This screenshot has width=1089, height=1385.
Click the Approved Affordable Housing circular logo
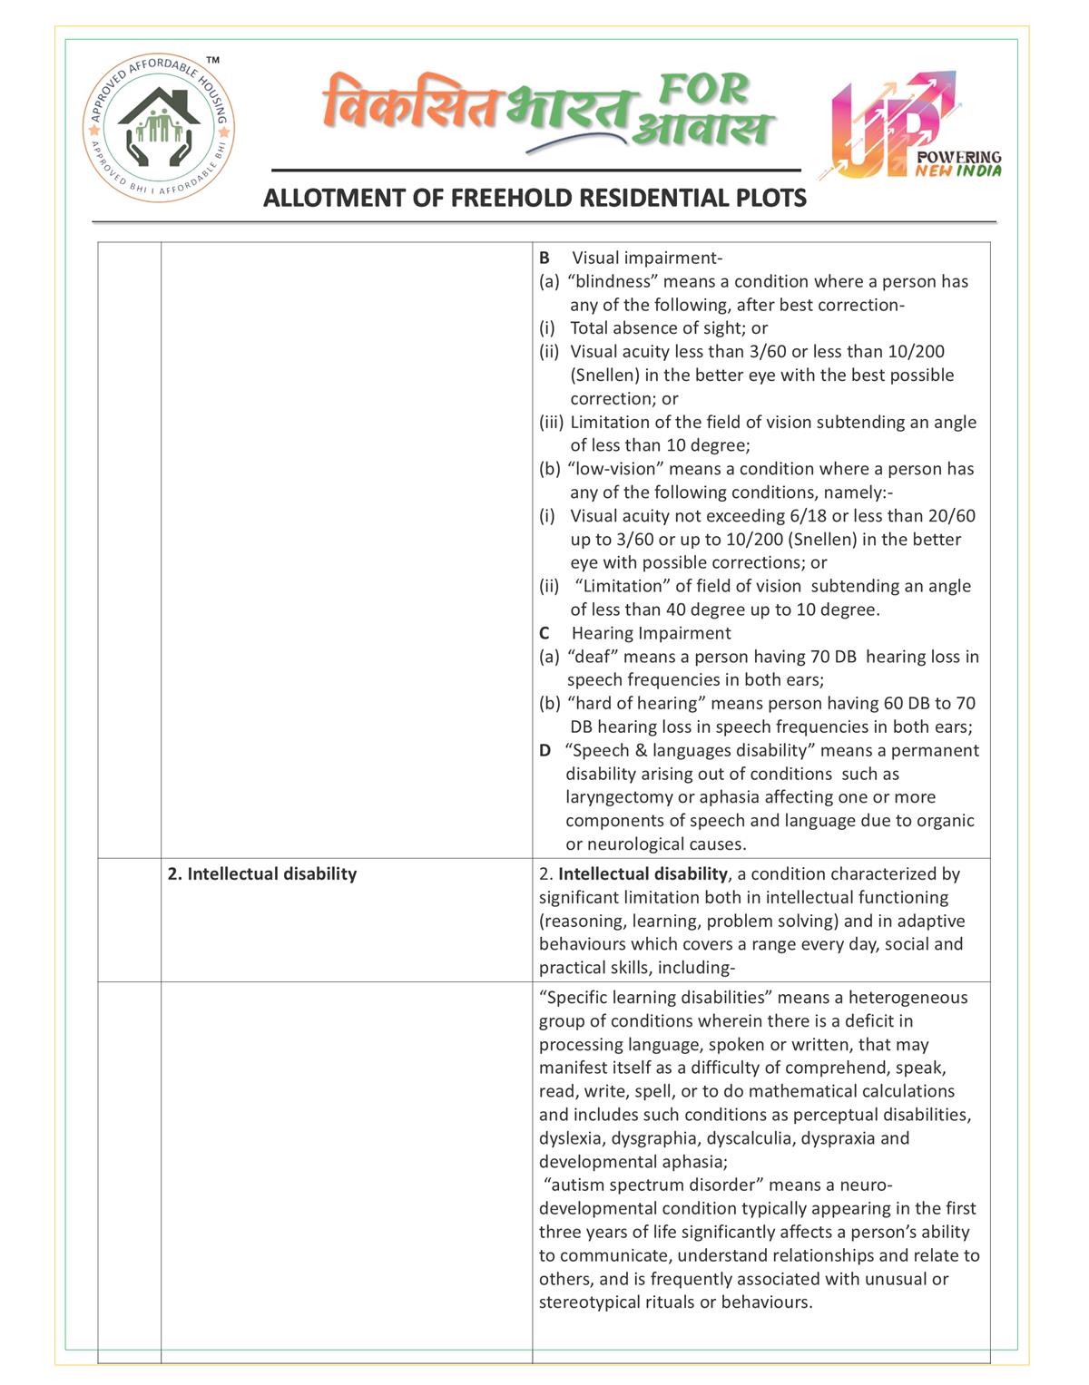coord(159,127)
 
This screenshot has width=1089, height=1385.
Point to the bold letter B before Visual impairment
coord(544,258)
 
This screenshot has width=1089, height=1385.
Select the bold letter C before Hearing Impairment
coord(544,633)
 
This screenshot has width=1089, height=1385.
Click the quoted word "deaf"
coord(593,657)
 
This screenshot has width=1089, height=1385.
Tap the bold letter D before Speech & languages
coord(544,751)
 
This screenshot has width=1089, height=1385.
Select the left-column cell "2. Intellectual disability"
coord(262,874)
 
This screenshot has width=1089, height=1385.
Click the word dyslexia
coord(572,1138)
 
